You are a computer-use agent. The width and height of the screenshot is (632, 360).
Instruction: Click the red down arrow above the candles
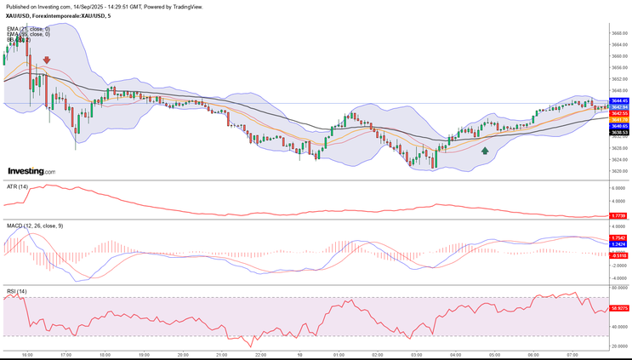pos(47,60)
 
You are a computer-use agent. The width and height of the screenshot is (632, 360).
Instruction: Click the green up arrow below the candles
pos(485,151)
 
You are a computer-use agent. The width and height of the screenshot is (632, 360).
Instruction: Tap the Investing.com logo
pos(31,171)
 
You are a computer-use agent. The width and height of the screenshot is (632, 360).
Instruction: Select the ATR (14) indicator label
pos(18,186)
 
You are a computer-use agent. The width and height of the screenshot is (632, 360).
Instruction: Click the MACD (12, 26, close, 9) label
pos(35,225)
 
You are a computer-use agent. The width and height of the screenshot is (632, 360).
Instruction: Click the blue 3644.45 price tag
pos(618,100)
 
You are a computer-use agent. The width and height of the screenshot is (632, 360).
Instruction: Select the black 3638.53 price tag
pos(618,132)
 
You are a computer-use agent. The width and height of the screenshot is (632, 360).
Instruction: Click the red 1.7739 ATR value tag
pos(618,216)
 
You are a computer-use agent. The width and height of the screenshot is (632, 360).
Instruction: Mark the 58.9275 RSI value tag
pos(618,308)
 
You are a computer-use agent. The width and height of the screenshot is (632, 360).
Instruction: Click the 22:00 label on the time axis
pos(261,354)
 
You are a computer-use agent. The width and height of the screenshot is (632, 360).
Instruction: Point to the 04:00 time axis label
pos(455,354)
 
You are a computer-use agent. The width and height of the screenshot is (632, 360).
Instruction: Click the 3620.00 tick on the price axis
pos(618,170)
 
